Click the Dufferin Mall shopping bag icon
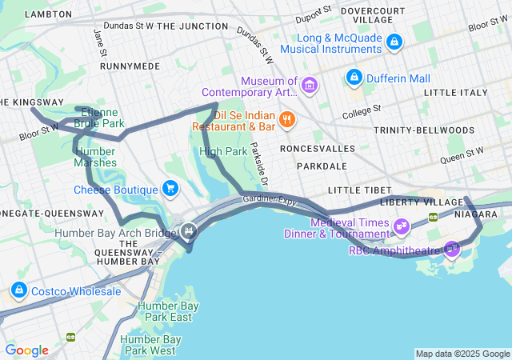(x=354, y=78)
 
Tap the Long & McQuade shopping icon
(x=394, y=42)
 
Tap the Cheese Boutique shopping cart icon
(x=170, y=189)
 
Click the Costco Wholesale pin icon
(x=18, y=290)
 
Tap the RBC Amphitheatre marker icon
(x=452, y=249)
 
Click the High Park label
(x=223, y=150)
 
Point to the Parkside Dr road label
(x=258, y=162)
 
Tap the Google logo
(x=27, y=350)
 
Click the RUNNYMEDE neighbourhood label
(x=130, y=66)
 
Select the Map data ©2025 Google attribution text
(x=462, y=354)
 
